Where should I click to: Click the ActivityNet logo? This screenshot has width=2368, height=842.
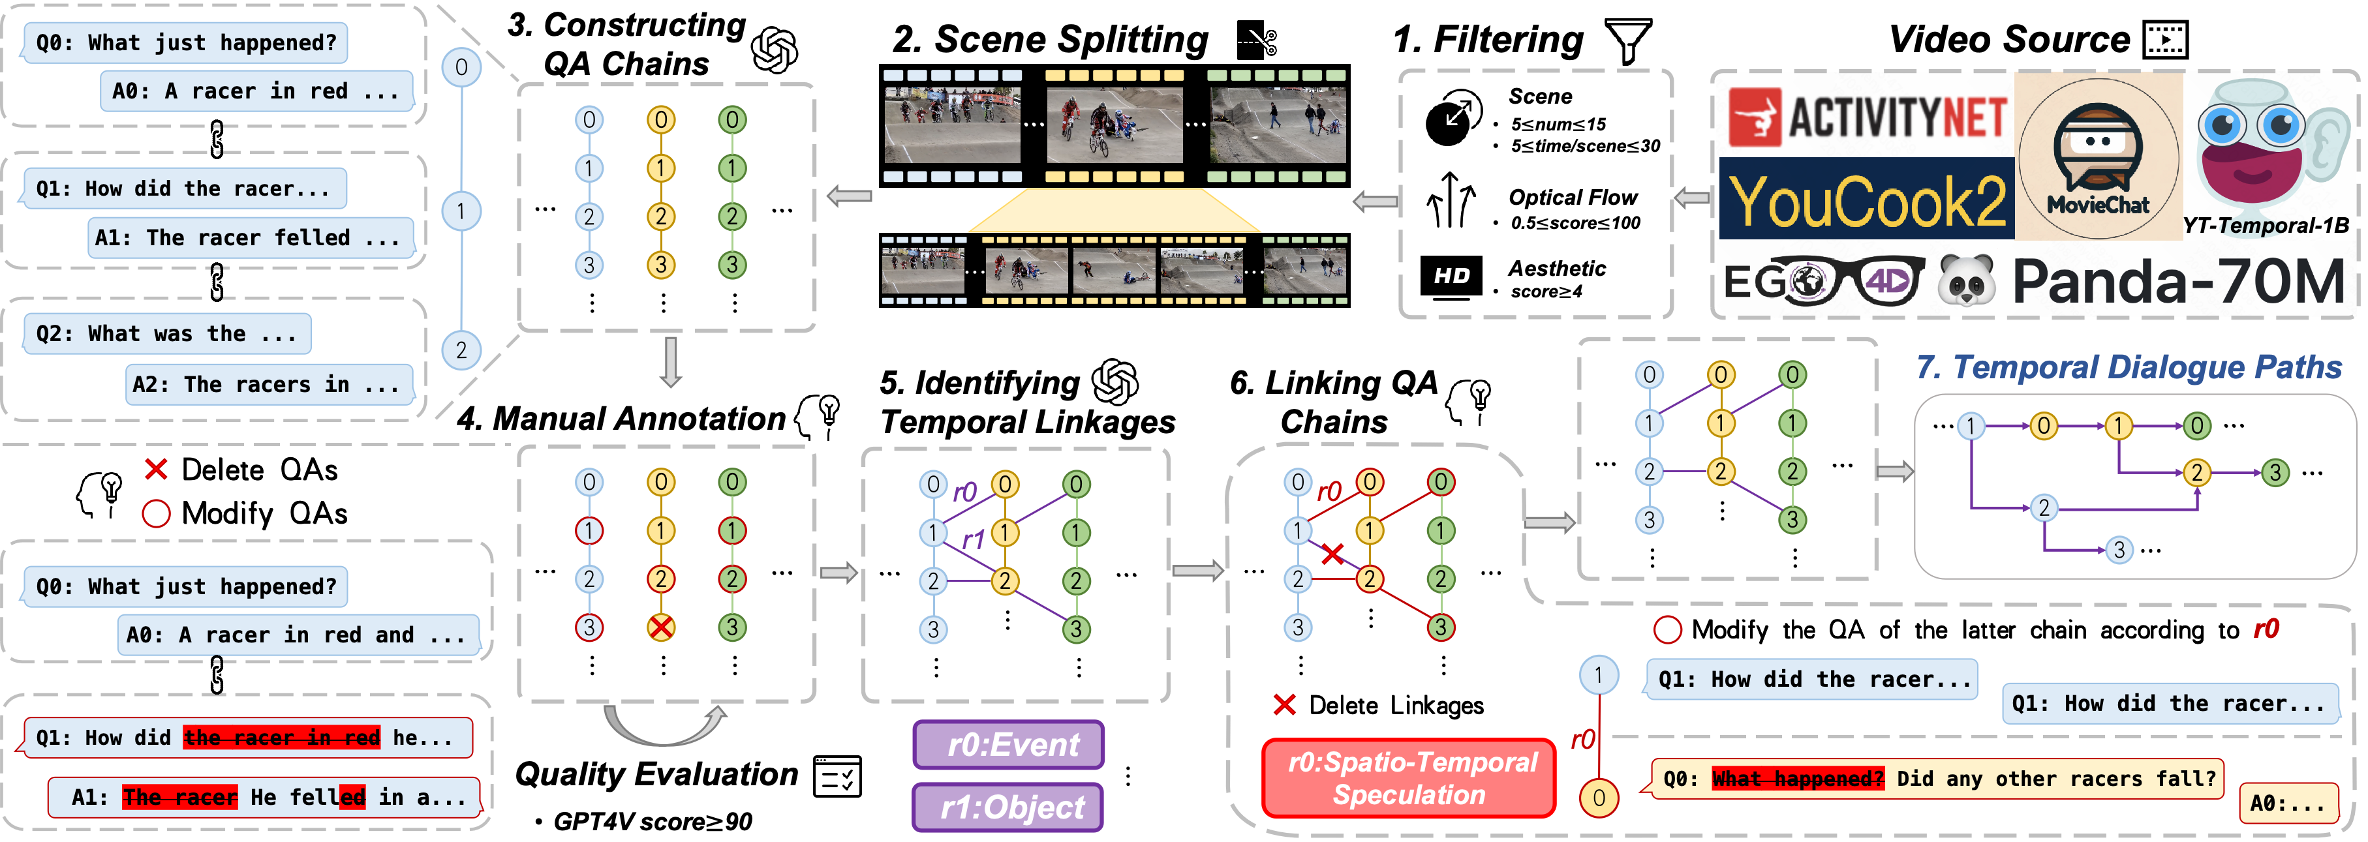point(1866,117)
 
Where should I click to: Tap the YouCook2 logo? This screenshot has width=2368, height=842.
point(1866,200)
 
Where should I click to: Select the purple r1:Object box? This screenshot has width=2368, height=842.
point(1008,807)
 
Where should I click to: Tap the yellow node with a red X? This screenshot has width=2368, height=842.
point(661,628)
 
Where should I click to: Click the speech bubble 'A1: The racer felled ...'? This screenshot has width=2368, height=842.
point(250,238)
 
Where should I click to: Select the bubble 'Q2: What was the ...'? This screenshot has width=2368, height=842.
point(167,334)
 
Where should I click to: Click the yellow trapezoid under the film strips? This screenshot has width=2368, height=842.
point(1114,211)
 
